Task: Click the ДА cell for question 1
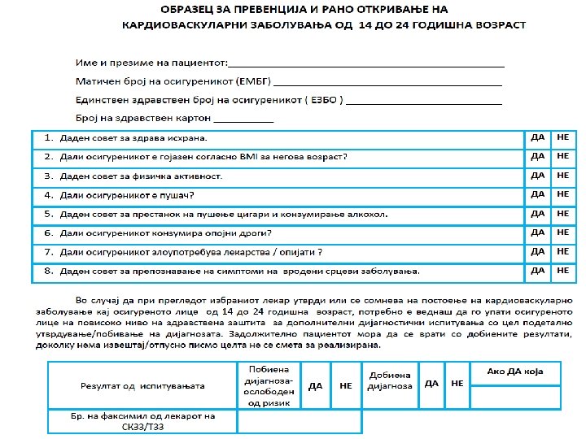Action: [x=537, y=138]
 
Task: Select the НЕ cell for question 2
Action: [x=563, y=156]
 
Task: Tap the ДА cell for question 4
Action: [x=537, y=195]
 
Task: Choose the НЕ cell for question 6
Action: [x=563, y=233]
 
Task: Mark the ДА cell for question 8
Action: [x=537, y=270]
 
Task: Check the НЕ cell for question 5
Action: [x=563, y=214]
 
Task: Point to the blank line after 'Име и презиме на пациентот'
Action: [x=366, y=63]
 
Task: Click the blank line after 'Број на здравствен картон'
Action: [x=243, y=120]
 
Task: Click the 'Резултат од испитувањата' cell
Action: [x=142, y=385]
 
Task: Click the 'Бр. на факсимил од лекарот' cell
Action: [x=142, y=421]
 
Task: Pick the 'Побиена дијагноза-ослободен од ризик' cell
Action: [x=269, y=385]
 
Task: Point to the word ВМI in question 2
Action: [x=250, y=157]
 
